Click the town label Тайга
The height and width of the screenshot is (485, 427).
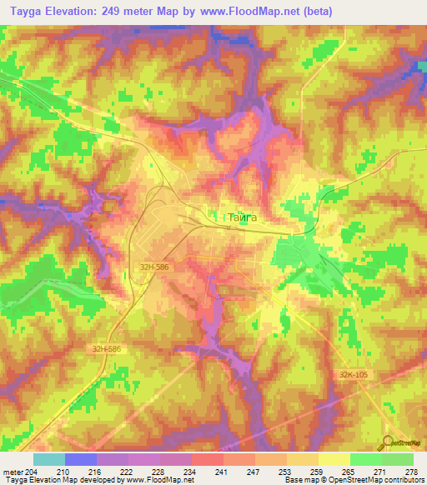click(243, 217)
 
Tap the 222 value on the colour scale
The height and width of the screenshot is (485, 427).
click(125, 472)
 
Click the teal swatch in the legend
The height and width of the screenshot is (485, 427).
click(49, 459)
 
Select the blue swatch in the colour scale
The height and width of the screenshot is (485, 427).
click(81, 459)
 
